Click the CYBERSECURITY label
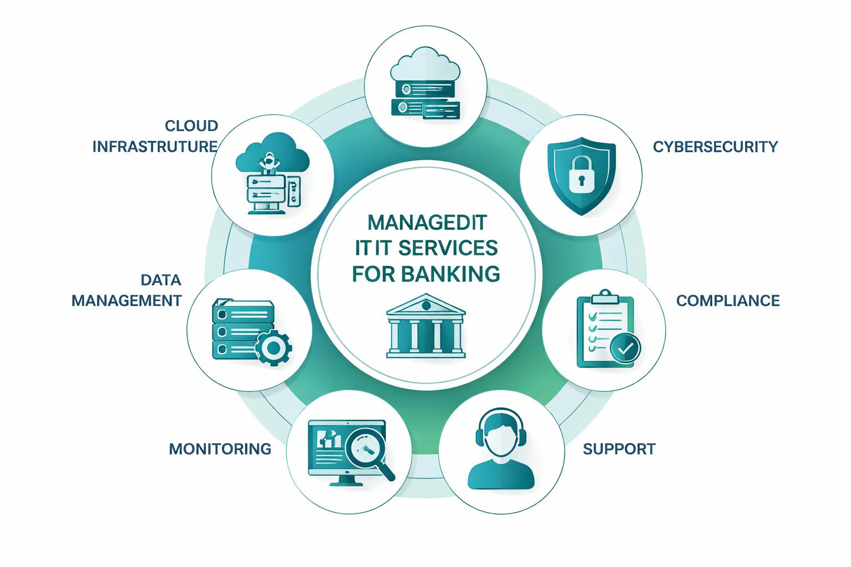coord(715,147)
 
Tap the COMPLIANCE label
coord(728,301)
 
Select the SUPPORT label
coord(619,449)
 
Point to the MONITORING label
coord(220,449)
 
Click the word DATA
coord(161,280)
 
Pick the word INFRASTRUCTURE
coord(155,147)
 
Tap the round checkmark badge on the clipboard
coord(625,348)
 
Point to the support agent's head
coord(501,434)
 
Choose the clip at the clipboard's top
coord(604,297)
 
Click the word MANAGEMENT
coord(127,301)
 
